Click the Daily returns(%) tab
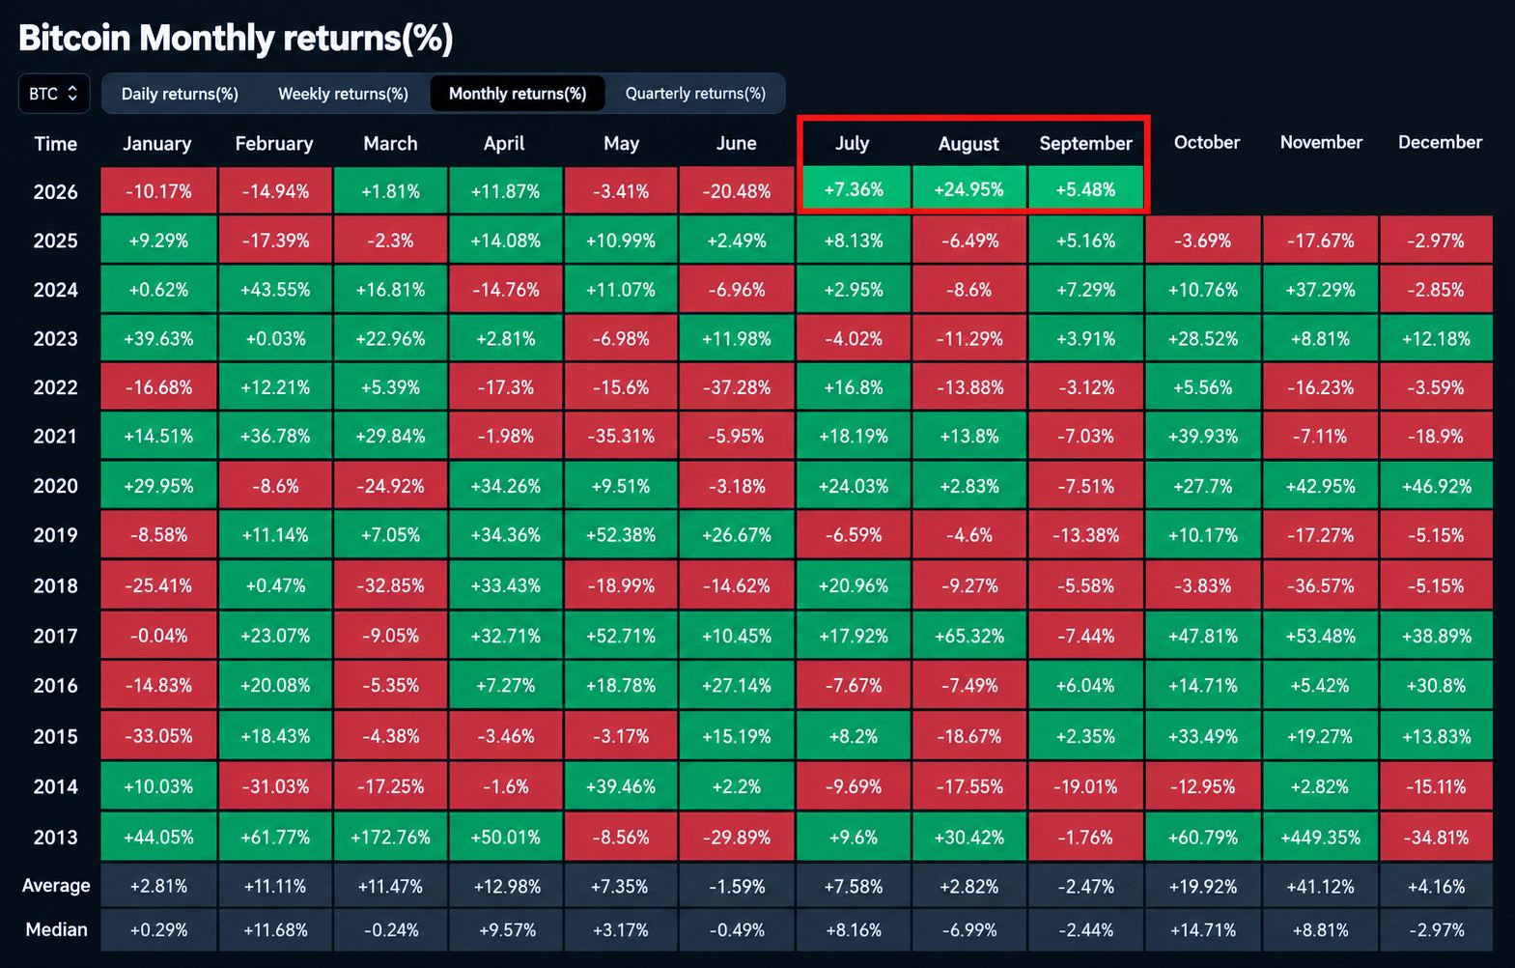180,94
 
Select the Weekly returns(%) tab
343,94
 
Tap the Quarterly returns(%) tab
695,94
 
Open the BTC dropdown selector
54,94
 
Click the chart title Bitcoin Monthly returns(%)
236,38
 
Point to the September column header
1085,143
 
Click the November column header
1321,142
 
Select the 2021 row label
55,437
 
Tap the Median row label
56,929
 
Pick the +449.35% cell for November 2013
1320,837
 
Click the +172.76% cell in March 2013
390,837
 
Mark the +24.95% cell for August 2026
969,188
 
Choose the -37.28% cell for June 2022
737,387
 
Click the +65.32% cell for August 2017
969,636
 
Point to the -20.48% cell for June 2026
737,190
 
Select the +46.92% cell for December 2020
1437,486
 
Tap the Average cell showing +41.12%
1320,886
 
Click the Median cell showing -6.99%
969,929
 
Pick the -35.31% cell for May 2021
621,437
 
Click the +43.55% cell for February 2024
274,290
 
